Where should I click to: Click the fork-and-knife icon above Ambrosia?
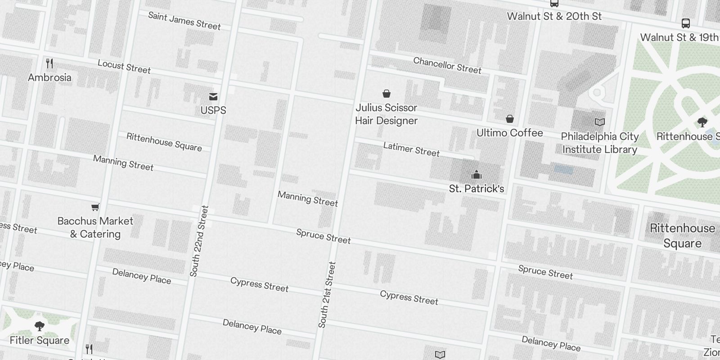(x=49, y=63)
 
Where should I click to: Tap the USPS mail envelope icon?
(x=213, y=96)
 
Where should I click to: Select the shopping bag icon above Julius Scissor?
(x=386, y=94)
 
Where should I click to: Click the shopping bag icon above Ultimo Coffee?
(x=509, y=119)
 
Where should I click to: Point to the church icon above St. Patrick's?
(x=476, y=175)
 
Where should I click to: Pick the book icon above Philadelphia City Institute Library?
(x=599, y=122)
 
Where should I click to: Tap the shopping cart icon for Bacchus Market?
(x=95, y=207)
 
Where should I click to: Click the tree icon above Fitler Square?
(x=40, y=326)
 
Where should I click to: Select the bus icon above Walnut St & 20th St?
(x=554, y=4)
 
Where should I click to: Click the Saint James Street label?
(x=184, y=21)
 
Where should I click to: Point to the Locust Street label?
(x=124, y=67)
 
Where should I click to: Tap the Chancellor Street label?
(x=447, y=65)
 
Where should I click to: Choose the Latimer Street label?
(x=411, y=149)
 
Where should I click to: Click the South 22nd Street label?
(x=199, y=241)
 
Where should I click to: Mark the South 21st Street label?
(x=327, y=295)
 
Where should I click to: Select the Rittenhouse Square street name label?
(x=164, y=142)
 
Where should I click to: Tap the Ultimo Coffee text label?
(x=509, y=133)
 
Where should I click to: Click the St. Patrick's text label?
(x=476, y=189)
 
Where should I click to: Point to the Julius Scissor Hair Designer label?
(x=386, y=114)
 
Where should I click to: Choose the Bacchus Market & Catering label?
(x=95, y=227)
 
